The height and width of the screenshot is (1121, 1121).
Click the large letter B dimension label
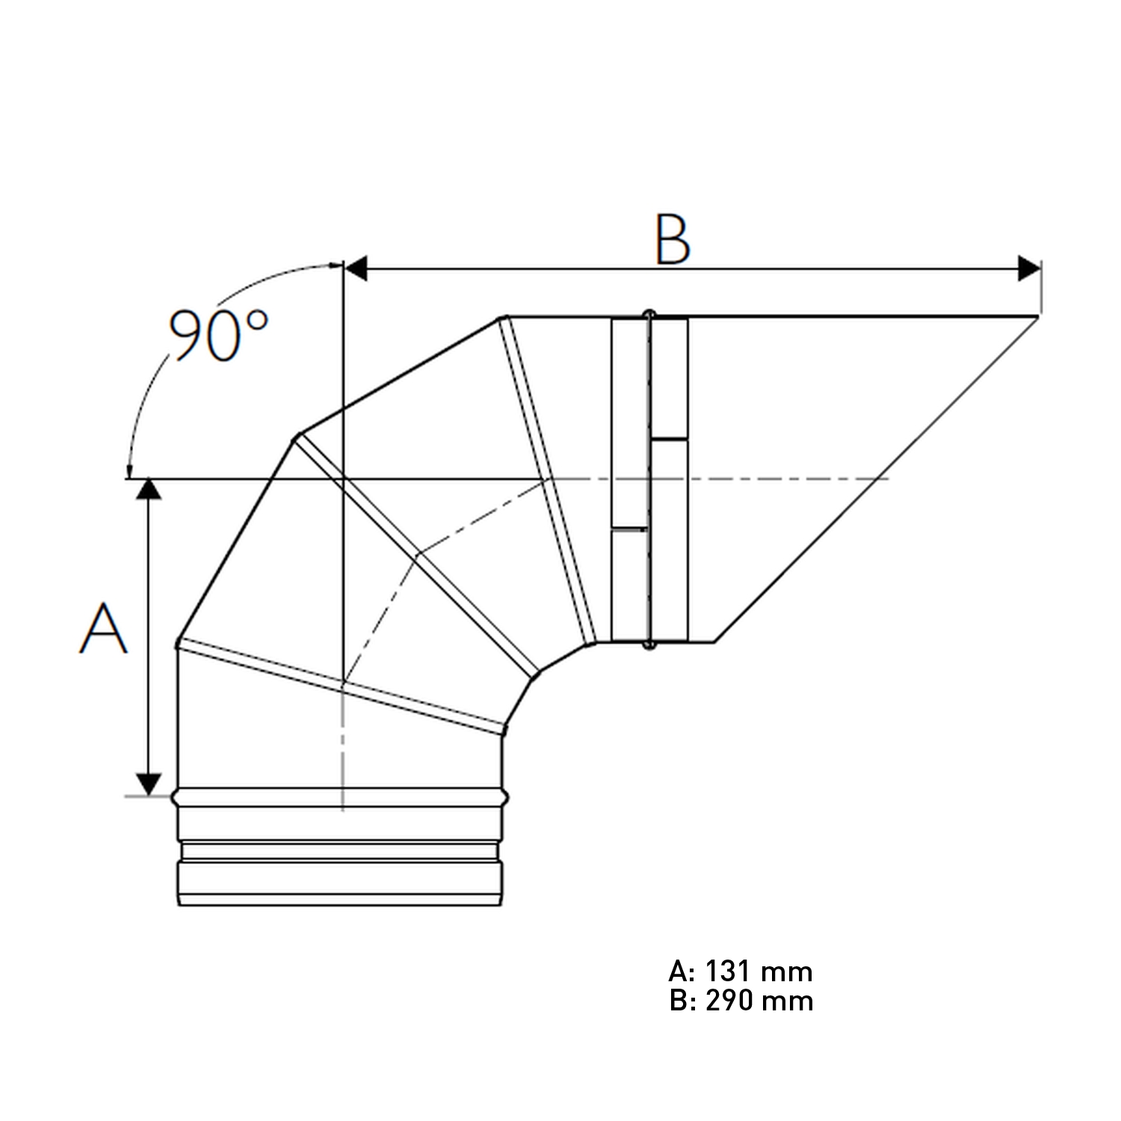point(673,239)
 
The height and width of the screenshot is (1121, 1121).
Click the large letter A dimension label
point(104,629)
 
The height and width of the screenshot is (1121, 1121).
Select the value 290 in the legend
point(729,1001)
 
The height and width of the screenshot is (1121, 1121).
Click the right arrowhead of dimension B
point(1029,268)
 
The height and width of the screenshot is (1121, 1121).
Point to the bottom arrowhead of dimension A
point(150,785)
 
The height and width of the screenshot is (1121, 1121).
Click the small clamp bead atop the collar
point(649,313)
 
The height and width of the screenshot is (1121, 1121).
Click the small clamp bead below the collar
point(649,644)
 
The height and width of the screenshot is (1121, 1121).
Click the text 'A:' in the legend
point(682,972)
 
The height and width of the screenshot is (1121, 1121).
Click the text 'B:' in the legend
point(682,1001)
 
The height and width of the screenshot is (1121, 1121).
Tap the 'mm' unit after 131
point(786,972)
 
